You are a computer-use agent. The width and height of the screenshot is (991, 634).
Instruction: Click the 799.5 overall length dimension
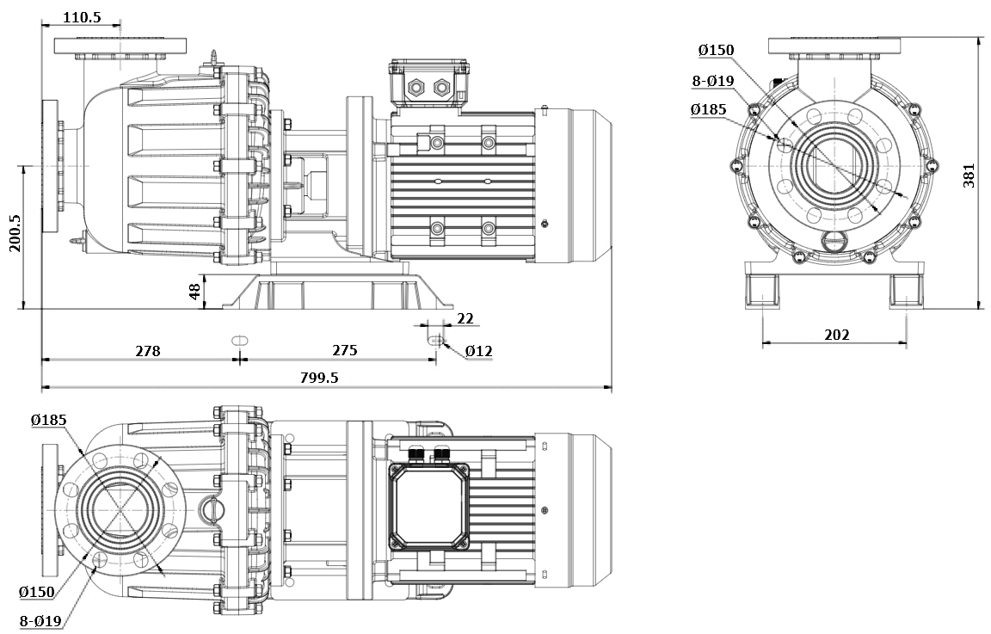318,378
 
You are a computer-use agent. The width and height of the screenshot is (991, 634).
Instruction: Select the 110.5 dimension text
82,16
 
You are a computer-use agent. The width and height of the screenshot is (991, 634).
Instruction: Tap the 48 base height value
196,292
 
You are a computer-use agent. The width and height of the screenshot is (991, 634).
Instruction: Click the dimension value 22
465,318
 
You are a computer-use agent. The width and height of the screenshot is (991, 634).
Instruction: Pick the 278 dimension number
148,351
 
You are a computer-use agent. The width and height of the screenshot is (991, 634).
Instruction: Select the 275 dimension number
344,351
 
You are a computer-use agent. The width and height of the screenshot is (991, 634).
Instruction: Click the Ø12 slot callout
478,351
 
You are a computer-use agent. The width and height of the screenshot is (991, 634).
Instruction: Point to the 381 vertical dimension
969,175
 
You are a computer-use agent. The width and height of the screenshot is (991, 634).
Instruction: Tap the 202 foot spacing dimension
836,334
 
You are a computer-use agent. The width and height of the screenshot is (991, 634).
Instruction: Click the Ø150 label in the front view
716,51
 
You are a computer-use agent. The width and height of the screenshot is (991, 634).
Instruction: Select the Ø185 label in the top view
48,420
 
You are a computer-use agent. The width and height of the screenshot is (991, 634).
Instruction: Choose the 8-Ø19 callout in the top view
40,620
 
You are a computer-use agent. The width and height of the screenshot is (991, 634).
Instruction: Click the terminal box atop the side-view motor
429,85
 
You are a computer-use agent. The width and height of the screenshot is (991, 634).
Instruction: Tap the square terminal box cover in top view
429,504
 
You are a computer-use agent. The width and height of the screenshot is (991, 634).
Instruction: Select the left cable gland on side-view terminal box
416,87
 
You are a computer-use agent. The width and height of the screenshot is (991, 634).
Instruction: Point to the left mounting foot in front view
762,291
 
